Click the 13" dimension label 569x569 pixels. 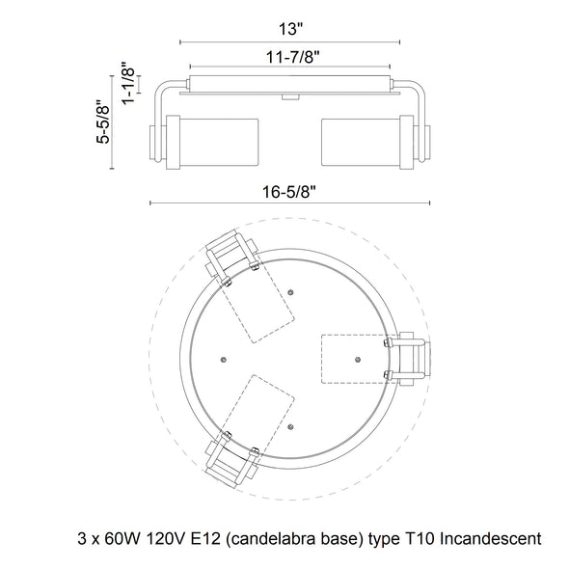tap(290, 29)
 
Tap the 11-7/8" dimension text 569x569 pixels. tap(292, 57)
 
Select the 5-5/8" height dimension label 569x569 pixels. tap(103, 124)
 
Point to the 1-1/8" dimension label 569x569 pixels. tap(128, 83)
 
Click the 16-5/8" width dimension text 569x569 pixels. tap(289, 192)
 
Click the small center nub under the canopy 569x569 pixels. tap(290, 96)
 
